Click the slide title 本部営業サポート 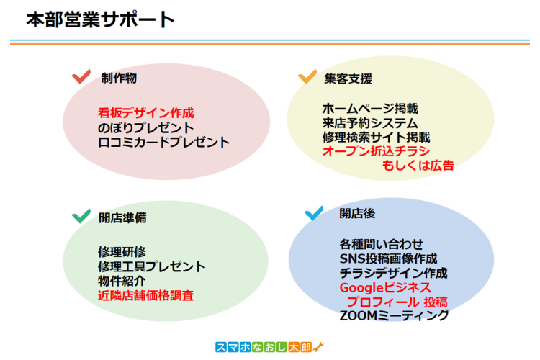point(100,19)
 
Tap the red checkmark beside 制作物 point(81,76)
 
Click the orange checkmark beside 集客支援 point(307,76)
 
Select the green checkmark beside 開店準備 point(81,215)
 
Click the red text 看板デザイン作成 point(146,113)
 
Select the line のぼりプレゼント point(146,127)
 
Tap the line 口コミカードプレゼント point(163,142)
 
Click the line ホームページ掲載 point(369,109)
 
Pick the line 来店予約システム point(369,123)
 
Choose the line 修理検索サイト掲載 point(376,137)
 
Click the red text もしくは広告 point(418,166)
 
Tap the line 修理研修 point(122,252)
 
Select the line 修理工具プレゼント point(152,266)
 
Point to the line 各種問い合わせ point(382,243)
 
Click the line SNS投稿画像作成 point(388,258)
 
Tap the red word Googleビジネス point(385,287)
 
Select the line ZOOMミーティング point(395,316)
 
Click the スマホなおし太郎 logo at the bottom point(271,347)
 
